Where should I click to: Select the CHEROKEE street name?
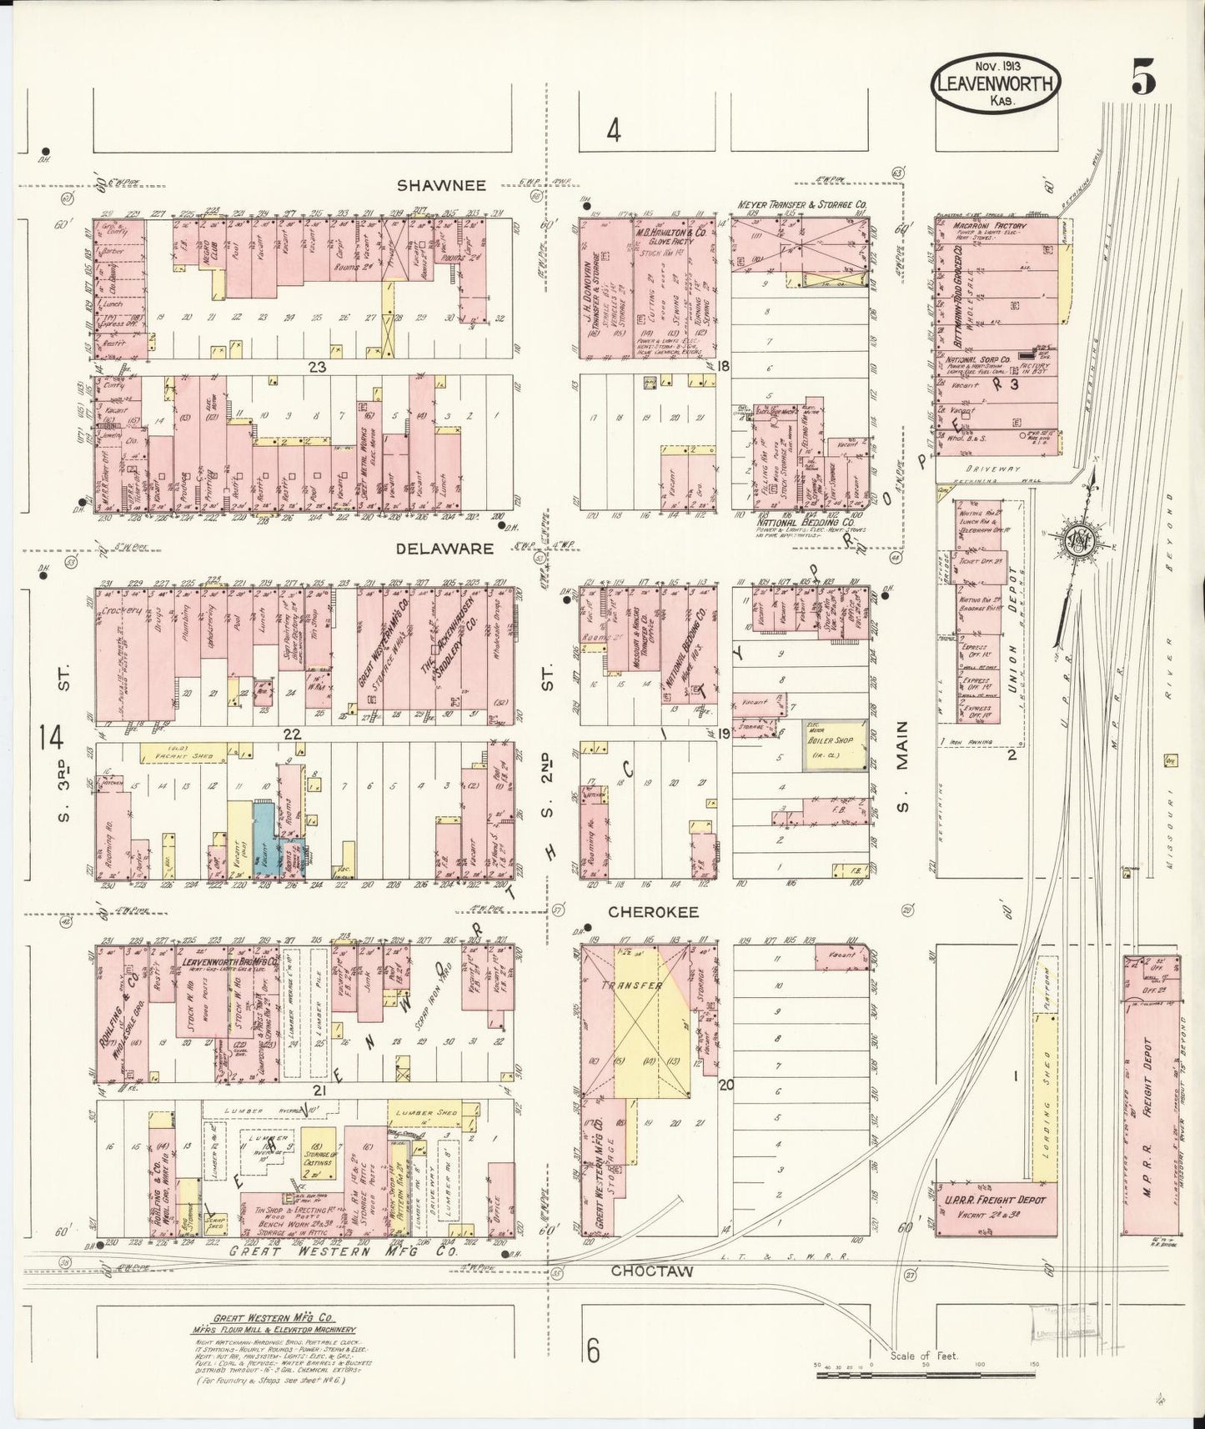click(x=653, y=912)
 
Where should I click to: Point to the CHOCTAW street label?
click(x=654, y=1271)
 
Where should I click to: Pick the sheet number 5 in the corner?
click(x=1143, y=79)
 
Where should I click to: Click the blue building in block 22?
click(x=267, y=838)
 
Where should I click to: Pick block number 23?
click(x=316, y=366)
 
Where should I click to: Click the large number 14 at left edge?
click(x=51, y=738)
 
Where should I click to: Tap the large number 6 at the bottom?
click(x=593, y=1350)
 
